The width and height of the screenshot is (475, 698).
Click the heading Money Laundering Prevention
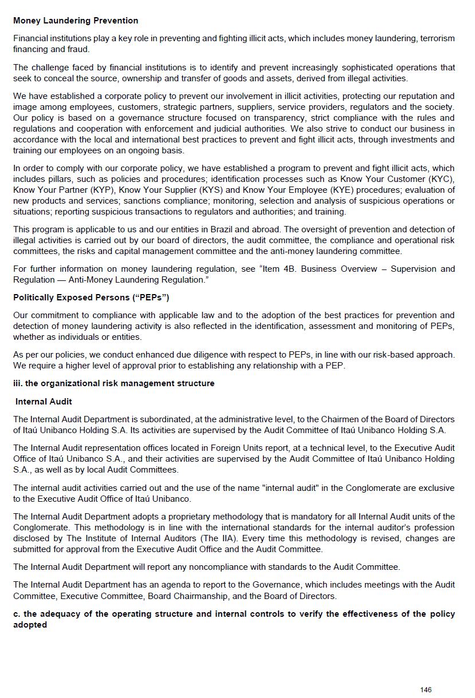pyautogui.click(x=76, y=21)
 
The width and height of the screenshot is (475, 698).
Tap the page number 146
pyautogui.click(x=426, y=690)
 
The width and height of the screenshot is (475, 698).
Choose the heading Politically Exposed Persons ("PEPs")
pyautogui.click(x=91, y=298)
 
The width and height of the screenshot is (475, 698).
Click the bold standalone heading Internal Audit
pyautogui.click(x=44, y=402)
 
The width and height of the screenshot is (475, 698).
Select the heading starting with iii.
pyautogui.click(x=114, y=383)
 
